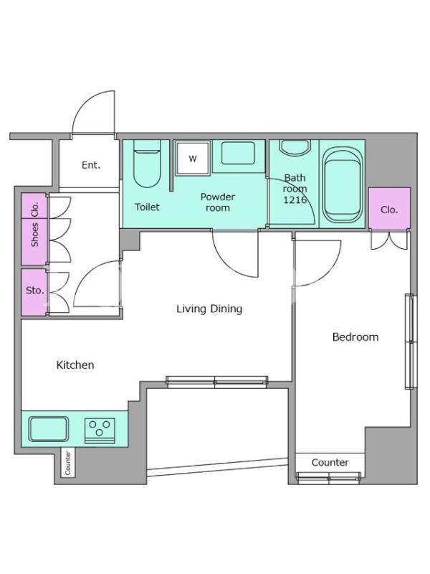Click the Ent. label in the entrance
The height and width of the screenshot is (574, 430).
[x=91, y=165]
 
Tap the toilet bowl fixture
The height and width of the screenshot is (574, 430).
[x=147, y=164]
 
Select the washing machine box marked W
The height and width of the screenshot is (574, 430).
[x=193, y=158]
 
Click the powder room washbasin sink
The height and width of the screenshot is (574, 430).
[x=238, y=153]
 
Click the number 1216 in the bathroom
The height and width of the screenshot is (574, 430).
[x=295, y=200]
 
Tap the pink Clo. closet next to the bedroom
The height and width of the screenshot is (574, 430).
[x=389, y=209]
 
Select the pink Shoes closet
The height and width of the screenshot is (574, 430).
[x=34, y=241]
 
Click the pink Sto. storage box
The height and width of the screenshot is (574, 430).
[x=34, y=292]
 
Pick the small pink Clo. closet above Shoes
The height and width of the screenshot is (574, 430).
[x=34, y=206]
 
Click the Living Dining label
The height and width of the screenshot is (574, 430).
[x=209, y=309]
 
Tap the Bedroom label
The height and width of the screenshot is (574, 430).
[x=355, y=337]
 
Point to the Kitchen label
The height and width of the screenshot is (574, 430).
[x=75, y=364]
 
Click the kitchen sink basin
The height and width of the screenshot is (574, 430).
[x=49, y=429]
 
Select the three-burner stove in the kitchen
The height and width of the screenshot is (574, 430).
[x=100, y=430]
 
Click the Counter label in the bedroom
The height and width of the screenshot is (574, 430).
[x=330, y=462]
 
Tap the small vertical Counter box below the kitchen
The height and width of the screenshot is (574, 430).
[x=67, y=463]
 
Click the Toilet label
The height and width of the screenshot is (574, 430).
[x=147, y=207]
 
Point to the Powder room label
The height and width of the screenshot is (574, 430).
[x=218, y=202]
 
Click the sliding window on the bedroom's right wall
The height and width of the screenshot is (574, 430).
[x=411, y=342]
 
